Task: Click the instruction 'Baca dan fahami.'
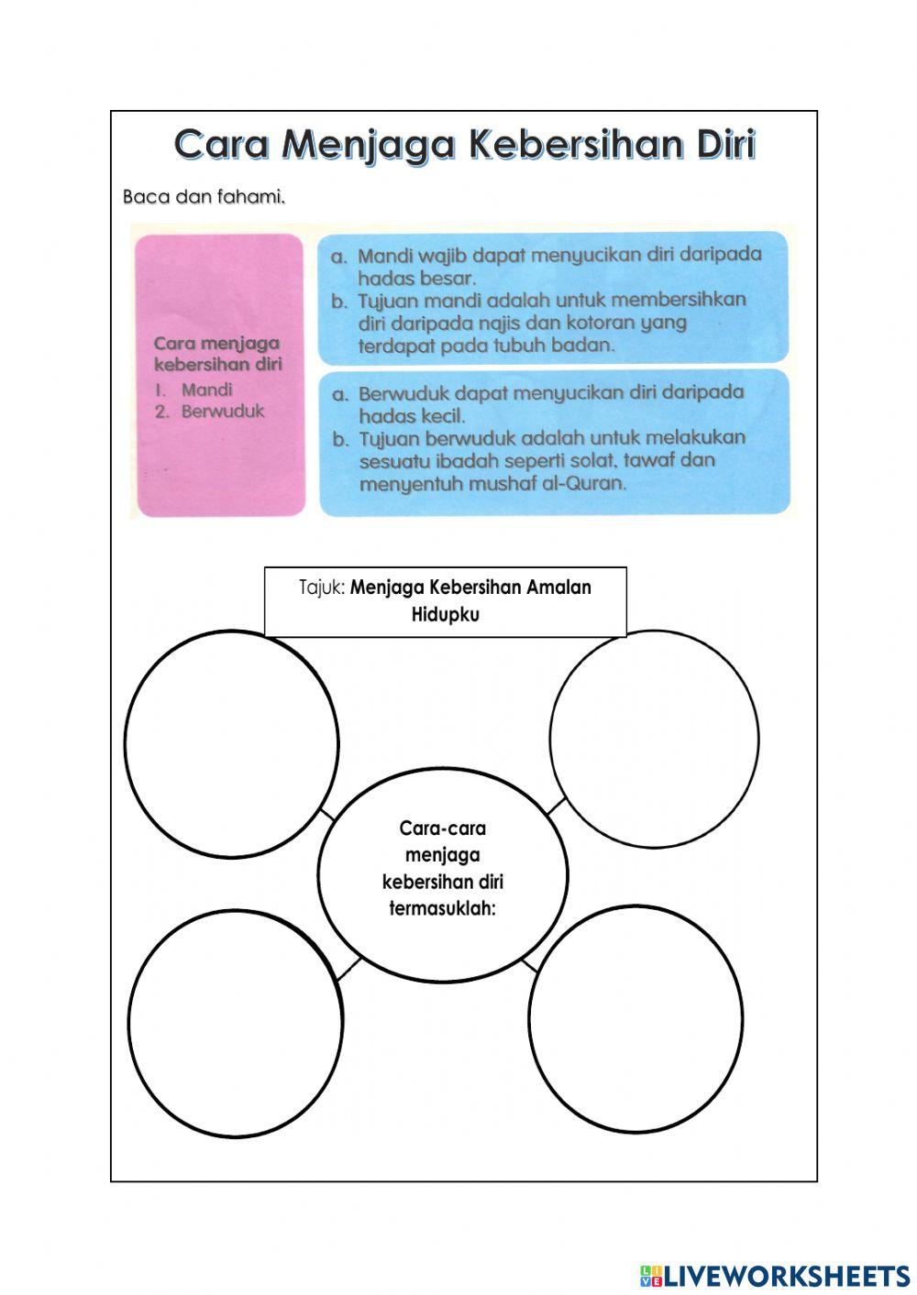[203, 196]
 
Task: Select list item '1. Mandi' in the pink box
[194, 389]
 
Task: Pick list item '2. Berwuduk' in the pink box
[210, 411]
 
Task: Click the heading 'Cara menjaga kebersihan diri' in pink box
[217, 353]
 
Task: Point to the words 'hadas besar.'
[416, 278]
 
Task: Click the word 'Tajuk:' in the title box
[322, 587]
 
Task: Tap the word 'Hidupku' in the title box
[445, 614]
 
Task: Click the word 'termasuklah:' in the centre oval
[442, 909]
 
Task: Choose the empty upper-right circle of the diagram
[654, 738]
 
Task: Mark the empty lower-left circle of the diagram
[235, 1022]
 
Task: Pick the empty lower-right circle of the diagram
[635, 1019]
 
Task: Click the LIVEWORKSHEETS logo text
[787, 1275]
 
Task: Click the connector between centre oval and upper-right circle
[556, 807]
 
